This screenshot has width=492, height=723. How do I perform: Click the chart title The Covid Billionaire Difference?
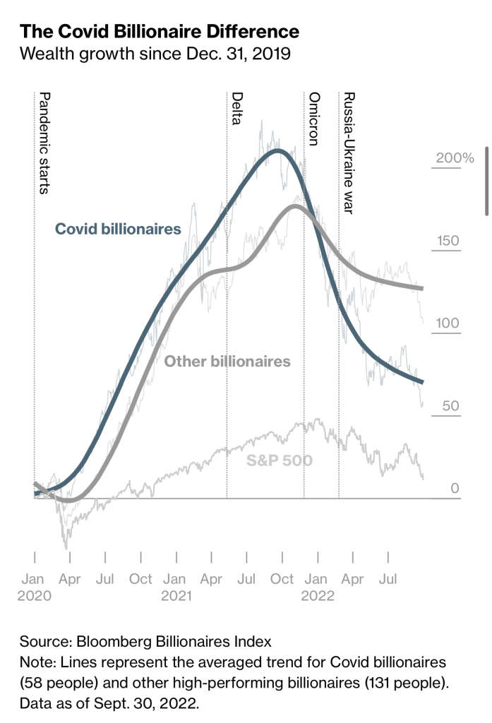[160, 32]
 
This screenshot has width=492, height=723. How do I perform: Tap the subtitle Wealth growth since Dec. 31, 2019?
[155, 54]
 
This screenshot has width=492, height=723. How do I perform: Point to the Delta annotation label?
[237, 108]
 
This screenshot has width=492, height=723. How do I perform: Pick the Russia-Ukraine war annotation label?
[347, 153]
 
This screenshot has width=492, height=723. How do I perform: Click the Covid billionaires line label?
[118, 229]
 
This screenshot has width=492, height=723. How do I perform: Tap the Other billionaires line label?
[227, 361]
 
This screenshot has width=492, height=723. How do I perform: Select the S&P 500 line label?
[280, 462]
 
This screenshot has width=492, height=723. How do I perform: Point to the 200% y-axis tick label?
[455, 157]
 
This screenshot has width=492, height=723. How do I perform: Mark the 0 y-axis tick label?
[455, 489]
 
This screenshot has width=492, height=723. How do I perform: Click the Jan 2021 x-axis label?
[176, 587]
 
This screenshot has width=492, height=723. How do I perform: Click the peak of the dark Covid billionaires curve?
[278, 150]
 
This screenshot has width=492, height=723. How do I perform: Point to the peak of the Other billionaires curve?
[295, 206]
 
